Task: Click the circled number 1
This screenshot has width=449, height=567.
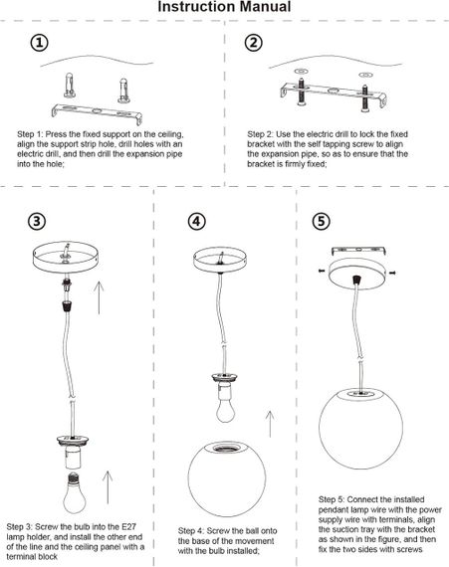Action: point(39,43)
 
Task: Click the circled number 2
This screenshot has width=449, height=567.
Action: point(254,43)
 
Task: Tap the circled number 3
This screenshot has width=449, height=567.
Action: point(37,221)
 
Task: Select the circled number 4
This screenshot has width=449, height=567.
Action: point(197,221)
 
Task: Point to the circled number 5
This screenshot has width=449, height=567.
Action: point(322,221)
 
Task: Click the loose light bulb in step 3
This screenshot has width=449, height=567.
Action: point(75,492)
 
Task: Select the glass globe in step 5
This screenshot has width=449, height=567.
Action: point(360,429)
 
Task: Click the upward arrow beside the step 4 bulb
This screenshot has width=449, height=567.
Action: point(270,424)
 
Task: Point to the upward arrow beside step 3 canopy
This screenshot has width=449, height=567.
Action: point(99,298)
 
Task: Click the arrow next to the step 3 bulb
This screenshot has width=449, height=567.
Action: point(108,487)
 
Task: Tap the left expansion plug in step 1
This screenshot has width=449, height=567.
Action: point(70,86)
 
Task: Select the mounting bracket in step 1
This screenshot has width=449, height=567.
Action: point(97,113)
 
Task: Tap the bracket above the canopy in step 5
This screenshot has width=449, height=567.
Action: point(358,251)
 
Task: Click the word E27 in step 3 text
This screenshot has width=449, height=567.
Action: point(125,526)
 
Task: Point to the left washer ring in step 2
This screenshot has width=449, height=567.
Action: point(301,70)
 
